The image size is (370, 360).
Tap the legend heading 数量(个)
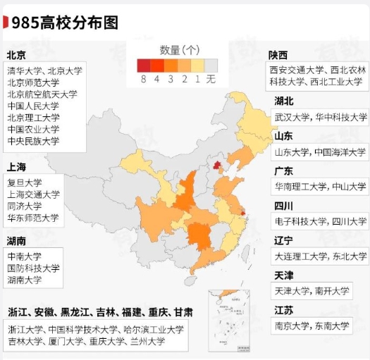coord(180,50)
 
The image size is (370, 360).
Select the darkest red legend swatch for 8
coord(144,66)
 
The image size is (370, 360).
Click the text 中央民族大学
coord(33,141)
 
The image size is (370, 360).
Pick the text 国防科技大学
coord(33,268)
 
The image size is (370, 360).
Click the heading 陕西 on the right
coord(278,55)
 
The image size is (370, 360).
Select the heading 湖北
coord(284,101)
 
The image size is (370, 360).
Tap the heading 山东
coord(284,135)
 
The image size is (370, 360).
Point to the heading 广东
coord(284,170)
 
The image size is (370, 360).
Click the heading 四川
coord(284,205)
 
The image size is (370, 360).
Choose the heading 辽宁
coord(284,240)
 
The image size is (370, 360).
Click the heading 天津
coord(284,275)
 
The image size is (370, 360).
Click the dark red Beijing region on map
coord(217,166)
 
